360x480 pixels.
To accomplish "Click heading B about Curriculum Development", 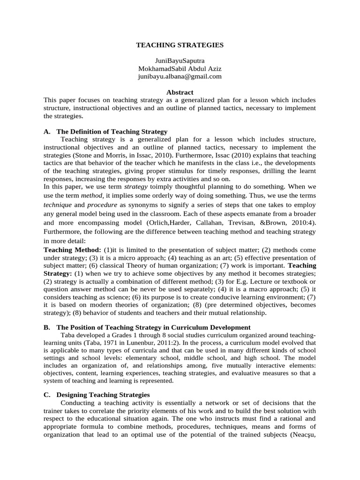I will (153, 327).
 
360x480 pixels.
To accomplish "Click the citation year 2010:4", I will (305, 218).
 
